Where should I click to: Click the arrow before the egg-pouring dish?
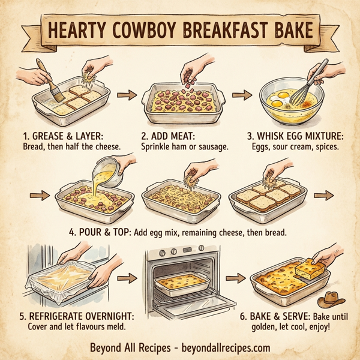[x=37, y=195]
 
